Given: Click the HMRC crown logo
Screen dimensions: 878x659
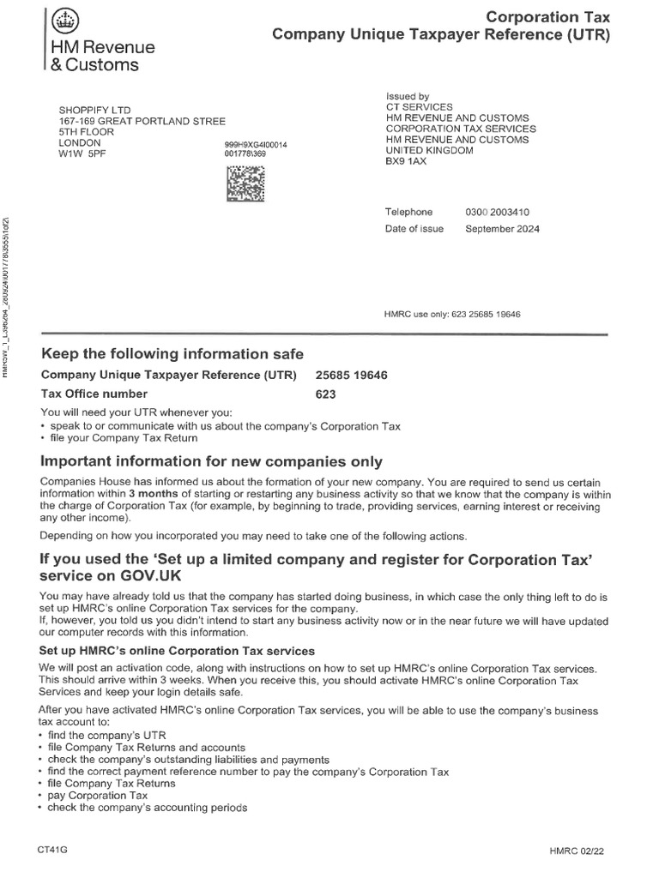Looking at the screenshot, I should coord(63,19).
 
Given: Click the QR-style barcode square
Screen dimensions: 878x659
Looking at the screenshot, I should coord(245,184).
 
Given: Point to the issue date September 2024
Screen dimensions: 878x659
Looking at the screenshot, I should coord(503,229).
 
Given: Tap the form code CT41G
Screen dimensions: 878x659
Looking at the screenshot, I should coord(51,850).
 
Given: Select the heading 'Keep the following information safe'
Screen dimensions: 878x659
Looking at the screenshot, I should coord(172,354).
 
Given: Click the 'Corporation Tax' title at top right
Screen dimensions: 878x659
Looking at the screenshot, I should coord(548,17).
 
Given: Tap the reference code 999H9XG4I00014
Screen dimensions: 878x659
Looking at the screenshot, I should coord(256,146).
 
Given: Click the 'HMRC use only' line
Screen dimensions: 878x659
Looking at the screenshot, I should coord(451,314).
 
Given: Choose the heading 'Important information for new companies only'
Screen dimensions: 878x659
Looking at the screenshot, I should coord(211,462).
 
